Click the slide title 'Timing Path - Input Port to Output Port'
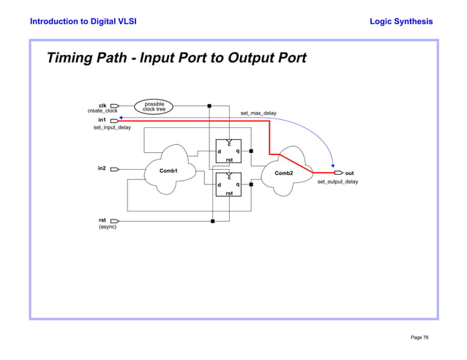[x=176, y=58]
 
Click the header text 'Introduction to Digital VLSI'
[x=83, y=21]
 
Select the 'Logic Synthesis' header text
[x=401, y=21]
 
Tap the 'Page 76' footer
[x=419, y=337]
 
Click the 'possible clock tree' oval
[x=154, y=106]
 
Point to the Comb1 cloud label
[x=169, y=170]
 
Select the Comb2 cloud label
[x=283, y=173]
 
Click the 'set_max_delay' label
[x=258, y=113]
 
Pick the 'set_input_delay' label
[x=112, y=127]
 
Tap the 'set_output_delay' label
[x=337, y=181]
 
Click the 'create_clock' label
[x=102, y=111]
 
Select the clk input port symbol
[x=115, y=105]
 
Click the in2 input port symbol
[x=115, y=169]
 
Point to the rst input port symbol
[x=115, y=220]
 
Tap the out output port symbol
[x=338, y=173]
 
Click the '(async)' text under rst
[x=108, y=227]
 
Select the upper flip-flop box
[x=228, y=151]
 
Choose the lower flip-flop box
[x=228, y=184]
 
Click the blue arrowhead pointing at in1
[x=122, y=117]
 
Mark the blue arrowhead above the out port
[x=333, y=165]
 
